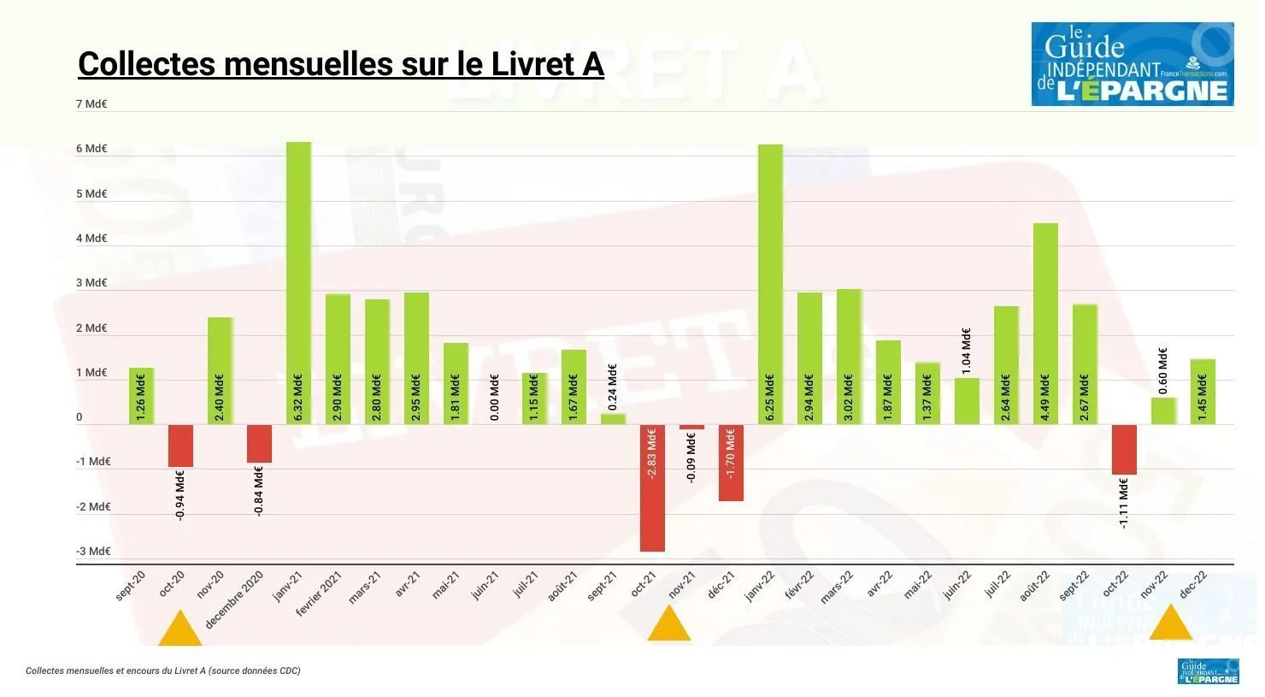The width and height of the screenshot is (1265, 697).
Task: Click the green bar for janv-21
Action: pos(298,282)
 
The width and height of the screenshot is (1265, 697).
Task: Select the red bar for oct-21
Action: pos(653,487)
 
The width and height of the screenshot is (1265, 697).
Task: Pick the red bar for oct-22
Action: pos(1124,449)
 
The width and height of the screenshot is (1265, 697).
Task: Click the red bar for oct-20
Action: pos(180,446)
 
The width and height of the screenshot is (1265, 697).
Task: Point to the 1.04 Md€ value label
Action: pos(967,351)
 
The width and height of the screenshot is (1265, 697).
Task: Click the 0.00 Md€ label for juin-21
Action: pos(495,398)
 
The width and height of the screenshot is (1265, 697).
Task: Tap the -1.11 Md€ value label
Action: pos(1124,503)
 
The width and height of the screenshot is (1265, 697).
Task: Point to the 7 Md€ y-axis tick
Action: pos(91,104)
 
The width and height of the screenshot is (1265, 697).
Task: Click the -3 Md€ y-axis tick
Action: pos(93,552)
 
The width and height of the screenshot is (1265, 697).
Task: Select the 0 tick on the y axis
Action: pos(79,418)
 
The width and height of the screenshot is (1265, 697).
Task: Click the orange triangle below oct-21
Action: pos(668,627)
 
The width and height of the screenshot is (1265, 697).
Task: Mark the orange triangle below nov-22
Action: pos(1170,625)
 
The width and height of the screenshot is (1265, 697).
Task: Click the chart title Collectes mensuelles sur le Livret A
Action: pos(341,64)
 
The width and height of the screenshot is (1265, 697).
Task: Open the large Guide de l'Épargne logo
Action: pos(1133,64)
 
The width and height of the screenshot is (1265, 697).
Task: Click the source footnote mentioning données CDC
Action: pos(163,671)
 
